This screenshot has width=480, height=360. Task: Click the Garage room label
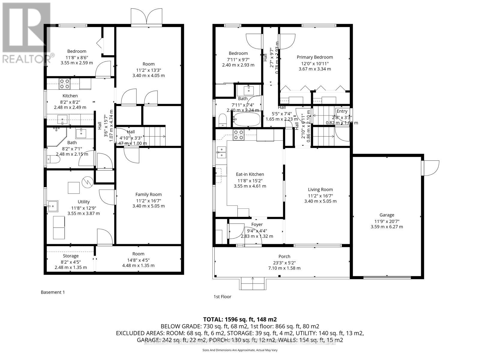387,215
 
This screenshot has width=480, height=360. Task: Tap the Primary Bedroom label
315,57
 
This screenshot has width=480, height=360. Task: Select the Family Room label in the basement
148,194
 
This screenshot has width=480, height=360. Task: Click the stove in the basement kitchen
64,84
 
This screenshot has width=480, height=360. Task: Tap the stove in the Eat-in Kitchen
239,135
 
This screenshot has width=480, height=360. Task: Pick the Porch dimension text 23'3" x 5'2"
284,262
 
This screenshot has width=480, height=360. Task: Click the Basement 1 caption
52,292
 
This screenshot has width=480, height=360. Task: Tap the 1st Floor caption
222,297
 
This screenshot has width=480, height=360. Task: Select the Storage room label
71,256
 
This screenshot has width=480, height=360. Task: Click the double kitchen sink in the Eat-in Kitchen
221,152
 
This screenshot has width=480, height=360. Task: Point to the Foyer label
257,224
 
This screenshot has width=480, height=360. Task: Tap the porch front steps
252,283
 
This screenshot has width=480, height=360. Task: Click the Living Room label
320,190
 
